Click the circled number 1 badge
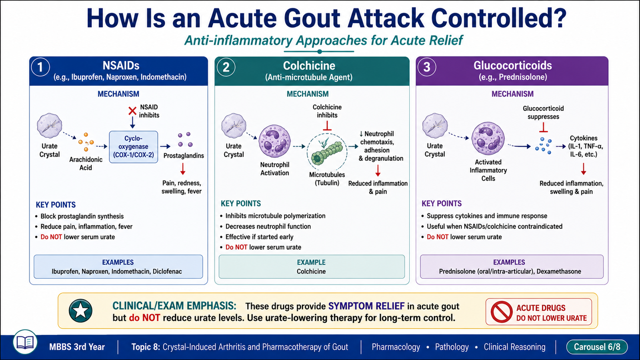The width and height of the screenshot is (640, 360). click(x=40, y=67)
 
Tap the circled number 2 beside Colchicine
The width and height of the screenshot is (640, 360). click(x=226, y=67)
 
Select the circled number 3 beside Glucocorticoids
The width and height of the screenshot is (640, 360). click(x=427, y=67)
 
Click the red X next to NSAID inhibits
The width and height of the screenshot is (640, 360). click(x=132, y=111)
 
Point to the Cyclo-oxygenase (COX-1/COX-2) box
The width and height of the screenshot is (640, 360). click(x=134, y=147)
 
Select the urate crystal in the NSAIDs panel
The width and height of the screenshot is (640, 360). click(x=50, y=126)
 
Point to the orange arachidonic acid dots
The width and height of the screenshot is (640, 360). click(x=86, y=142)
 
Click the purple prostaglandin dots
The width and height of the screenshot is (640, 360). click(x=185, y=140)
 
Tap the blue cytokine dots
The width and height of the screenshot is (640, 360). click(x=543, y=146)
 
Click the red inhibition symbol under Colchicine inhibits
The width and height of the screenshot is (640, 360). click(x=327, y=126)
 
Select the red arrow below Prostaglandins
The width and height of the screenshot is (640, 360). click(x=183, y=169)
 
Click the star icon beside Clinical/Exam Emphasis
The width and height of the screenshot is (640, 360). click(x=80, y=311)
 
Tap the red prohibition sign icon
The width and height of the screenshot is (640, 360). click(x=502, y=312)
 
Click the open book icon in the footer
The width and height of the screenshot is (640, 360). click(x=25, y=342)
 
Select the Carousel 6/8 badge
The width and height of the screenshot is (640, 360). click(x=597, y=347)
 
